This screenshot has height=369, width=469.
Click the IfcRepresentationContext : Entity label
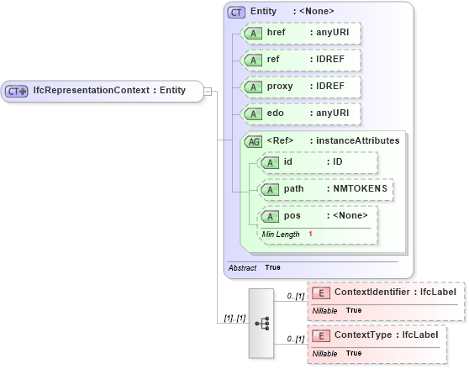pyautogui.click(x=109, y=91)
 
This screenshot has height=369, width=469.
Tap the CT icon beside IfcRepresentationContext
pyautogui.click(x=17, y=91)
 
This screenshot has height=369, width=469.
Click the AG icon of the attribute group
pyautogui.click(x=253, y=141)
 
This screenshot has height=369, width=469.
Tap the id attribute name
pyautogui.click(x=288, y=161)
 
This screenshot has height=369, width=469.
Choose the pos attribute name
pyautogui.click(x=292, y=216)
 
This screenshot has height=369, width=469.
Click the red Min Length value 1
pyautogui.click(x=310, y=234)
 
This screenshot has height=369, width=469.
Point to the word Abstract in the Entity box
pyautogui.click(x=243, y=267)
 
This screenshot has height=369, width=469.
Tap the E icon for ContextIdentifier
pyautogui.click(x=320, y=293)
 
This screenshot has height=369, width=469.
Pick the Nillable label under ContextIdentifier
pyautogui.click(x=325, y=310)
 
